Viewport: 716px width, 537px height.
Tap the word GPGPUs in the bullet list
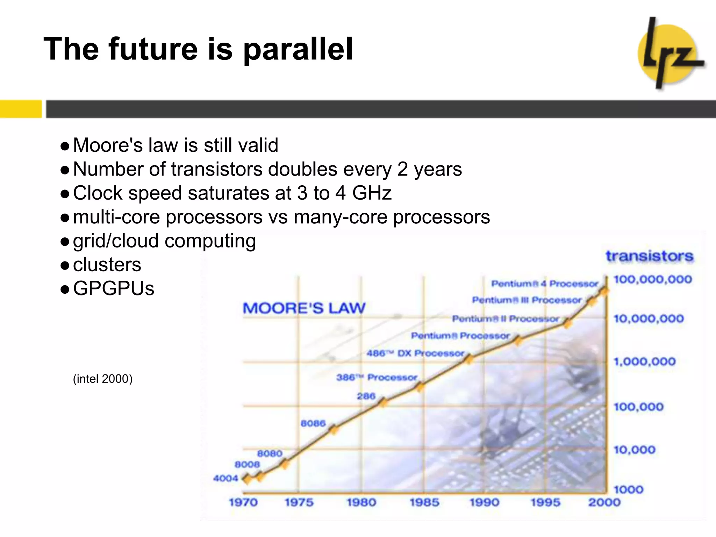(x=114, y=288)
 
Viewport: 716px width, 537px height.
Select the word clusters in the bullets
(x=107, y=265)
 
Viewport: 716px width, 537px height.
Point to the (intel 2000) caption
(x=102, y=379)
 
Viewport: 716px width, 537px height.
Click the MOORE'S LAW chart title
(x=304, y=308)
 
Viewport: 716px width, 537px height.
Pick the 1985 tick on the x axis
(x=424, y=502)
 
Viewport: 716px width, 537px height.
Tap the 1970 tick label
(x=243, y=502)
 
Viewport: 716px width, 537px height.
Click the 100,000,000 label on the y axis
(x=653, y=279)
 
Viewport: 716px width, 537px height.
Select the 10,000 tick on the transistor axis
(x=634, y=450)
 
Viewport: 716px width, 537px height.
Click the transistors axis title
(x=650, y=256)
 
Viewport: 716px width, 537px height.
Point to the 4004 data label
(x=225, y=478)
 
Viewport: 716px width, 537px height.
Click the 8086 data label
(x=313, y=423)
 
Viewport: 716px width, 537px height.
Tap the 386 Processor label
(x=377, y=378)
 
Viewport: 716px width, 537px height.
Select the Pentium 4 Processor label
(x=545, y=284)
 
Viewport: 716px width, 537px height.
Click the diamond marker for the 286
(x=383, y=402)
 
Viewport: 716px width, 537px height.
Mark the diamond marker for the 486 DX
(x=468, y=359)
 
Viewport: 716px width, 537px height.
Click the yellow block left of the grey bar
(x=21, y=109)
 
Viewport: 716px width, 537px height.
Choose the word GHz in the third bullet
(x=372, y=193)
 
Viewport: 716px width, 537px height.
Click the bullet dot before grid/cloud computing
(x=65, y=242)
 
